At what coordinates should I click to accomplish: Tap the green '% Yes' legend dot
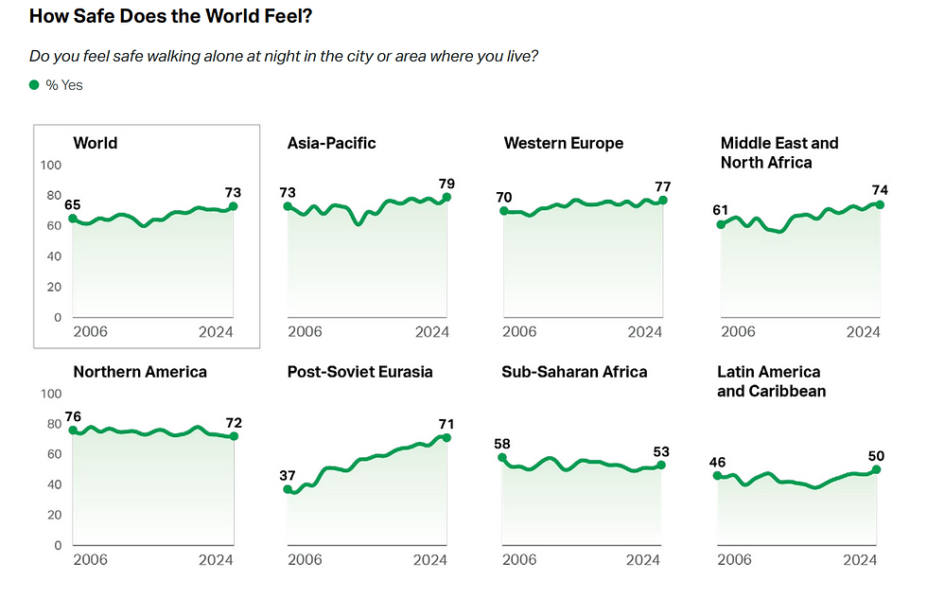tap(35, 85)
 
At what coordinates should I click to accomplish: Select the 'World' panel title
tap(96, 143)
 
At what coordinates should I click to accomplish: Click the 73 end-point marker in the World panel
tap(234, 206)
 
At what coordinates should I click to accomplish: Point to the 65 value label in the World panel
tap(73, 204)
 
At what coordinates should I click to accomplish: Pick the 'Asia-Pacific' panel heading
tap(331, 143)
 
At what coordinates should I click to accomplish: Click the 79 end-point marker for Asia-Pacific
tap(446, 197)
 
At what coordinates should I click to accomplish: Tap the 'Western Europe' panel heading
tap(564, 143)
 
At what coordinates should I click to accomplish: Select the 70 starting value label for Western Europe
tap(503, 197)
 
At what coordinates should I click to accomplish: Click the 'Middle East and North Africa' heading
tap(779, 152)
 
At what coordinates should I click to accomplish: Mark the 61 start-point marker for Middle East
tap(721, 224)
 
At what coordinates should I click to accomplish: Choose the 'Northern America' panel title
tap(140, 372)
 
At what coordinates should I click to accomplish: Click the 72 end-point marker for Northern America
tap(234, 436)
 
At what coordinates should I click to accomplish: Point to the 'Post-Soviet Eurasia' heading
tap(359, 372)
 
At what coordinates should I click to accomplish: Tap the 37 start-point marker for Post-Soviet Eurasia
tap(289, 489)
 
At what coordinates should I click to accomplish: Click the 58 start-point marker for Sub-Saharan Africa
tap(502, 458)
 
